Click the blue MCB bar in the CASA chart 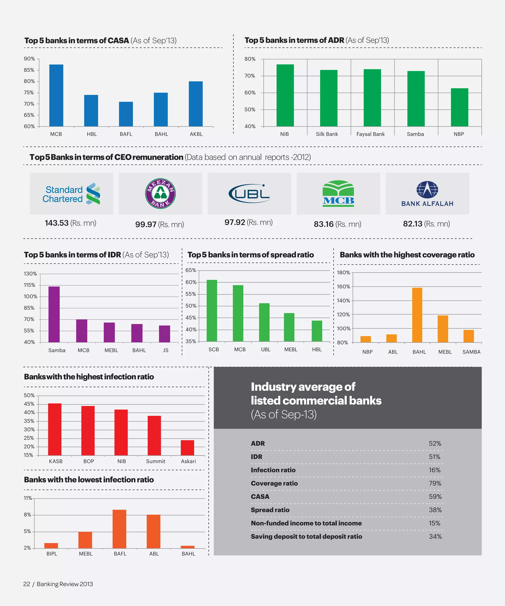[x=56, y=95]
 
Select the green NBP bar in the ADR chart [x=459, y=107]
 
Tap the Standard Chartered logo [x=72, y=194]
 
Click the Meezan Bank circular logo [x=160, y=193]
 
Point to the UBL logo [x=249, y=193]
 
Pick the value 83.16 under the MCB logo [x=324, y=224]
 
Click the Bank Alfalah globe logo [x=427, y=190]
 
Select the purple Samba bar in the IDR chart [x=54, y=314]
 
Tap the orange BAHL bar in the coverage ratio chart [x=417, y=315]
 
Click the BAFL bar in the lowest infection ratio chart [x=119, y=529]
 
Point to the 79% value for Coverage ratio [x=435, y=483]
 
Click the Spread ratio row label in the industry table [x=270, y=510]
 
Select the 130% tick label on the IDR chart [x=30, y=274]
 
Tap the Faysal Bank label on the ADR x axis [x=371, y=134]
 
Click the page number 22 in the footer [x=27, y=584]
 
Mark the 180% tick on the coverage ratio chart [x=343, y=272]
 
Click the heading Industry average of [x=303, y=387]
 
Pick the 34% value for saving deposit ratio [x=435, y=536]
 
